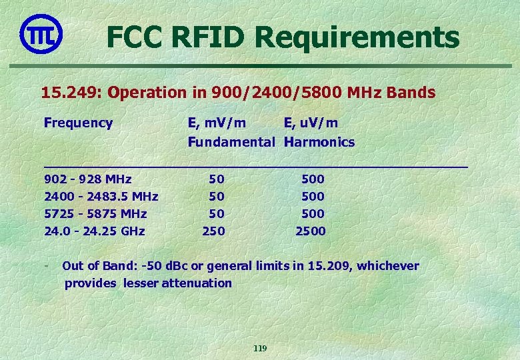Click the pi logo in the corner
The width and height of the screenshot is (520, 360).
pos(41,33)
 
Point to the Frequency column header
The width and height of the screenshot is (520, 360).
pos(78,123)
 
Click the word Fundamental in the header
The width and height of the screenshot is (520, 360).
pos(231,142)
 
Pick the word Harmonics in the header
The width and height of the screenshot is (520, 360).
pos(319,142)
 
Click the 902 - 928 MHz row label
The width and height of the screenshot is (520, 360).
pos(87,179)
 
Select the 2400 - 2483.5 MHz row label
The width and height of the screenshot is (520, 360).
pos(101,197)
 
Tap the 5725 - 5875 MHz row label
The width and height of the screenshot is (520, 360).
pos(95,214)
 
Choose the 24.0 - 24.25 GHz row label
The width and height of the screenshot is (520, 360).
pos(94,231)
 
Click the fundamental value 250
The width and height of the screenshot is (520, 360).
pos(214,231)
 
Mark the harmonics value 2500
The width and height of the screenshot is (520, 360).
pos(311,231)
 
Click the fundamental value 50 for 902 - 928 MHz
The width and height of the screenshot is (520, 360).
pos(217,179)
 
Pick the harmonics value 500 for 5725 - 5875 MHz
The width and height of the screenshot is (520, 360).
pos(313,214)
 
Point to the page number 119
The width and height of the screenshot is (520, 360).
pos(260,349)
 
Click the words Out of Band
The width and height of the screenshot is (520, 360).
pos(99,266)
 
